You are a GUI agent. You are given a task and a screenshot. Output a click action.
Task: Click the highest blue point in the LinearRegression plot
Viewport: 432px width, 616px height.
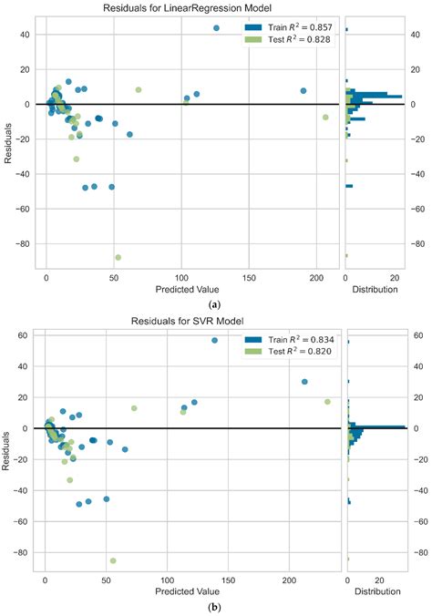216,28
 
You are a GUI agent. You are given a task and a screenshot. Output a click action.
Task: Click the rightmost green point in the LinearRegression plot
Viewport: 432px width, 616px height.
325,118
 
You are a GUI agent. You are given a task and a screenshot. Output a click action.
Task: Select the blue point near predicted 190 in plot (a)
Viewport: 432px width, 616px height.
303,91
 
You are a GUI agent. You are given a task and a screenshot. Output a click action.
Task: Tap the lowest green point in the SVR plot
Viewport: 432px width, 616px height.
114,560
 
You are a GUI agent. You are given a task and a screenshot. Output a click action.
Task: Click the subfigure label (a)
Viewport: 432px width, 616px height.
214,303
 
